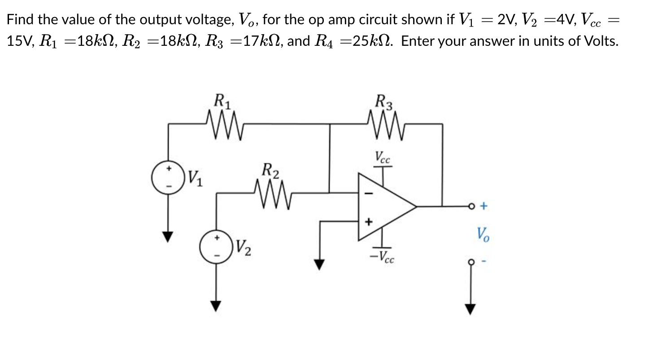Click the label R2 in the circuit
pyautogui.click(x=270, y=171)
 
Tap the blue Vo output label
pyautogui.click(x=483, y=234)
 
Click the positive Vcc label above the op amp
pyautogui.click(x=383, y=157)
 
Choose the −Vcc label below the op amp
pyautogui.click(x=382, y=256)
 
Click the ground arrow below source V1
pyautogui.click(x=168, y=236)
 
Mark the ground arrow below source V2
pyautogui.click(x=217, y=306)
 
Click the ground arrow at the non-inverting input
pyautogui.click(x=319, y=264)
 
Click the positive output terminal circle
pyautogui.click(x=471, y=206)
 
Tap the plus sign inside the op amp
pyautogui.click(x=369, y=222)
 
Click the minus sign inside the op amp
pyautogui.click(x=369, y=193)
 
